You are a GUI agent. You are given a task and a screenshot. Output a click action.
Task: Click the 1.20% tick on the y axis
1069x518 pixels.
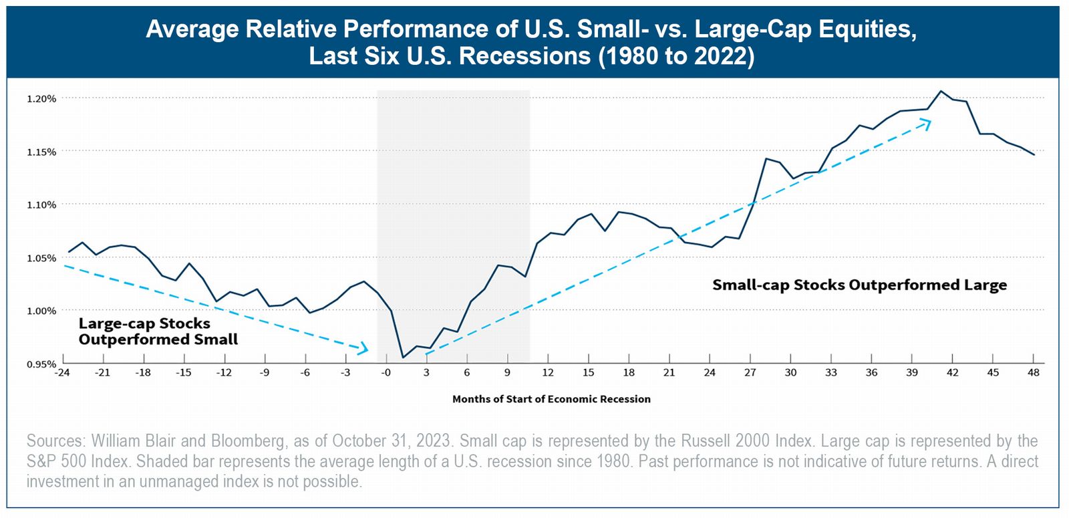point(41,99)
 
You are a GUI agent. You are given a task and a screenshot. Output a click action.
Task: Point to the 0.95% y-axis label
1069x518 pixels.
point(41,364)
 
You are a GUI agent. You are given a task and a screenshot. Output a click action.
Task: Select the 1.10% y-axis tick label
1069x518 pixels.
point(41,205)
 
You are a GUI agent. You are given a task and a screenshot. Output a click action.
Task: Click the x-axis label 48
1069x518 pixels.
point(1034,372)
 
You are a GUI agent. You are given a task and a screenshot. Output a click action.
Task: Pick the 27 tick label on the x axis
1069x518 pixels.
point(750,372)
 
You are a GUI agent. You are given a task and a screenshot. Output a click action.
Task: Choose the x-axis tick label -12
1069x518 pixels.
point(224,372)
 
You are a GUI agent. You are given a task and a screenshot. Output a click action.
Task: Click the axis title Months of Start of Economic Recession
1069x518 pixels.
point(551,399)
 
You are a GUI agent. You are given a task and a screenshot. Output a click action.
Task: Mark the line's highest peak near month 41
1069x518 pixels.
point(941,91)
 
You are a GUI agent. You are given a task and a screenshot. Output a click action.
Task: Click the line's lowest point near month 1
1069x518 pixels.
point(403,357)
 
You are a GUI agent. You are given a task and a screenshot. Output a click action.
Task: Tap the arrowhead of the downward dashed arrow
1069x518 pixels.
point(364,348)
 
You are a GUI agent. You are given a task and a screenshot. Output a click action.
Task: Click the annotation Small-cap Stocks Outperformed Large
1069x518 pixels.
point(859,285)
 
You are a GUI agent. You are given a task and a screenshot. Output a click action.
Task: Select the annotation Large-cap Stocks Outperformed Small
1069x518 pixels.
point(158,332)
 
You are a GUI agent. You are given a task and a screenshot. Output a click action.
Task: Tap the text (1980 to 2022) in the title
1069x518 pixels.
point(676,56)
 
